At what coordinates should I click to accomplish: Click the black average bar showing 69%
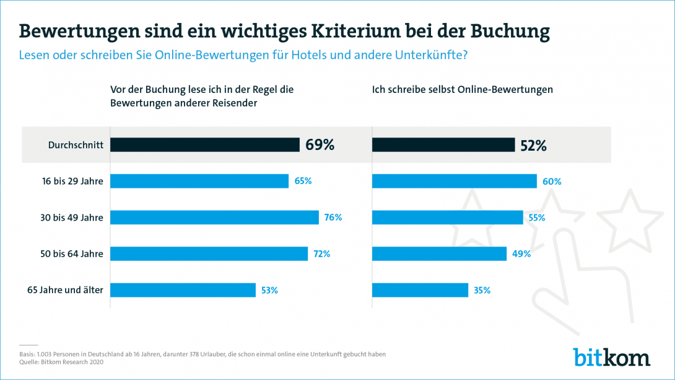pyautogui.click(x=205, y=145)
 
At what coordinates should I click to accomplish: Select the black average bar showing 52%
pyautogui.click(x=443, y=145)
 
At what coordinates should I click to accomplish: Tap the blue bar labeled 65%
pyautogui.click(x=199, y=181)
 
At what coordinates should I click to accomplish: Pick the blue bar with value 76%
pyautogui.click(x=214, y=218)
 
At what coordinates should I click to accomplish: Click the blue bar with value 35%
pyautogui.click(x=420, y=290)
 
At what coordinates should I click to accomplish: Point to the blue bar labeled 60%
pyautogui.click(x=454, y=181)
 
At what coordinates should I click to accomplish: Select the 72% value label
pyautogui.click(x=321, y=254)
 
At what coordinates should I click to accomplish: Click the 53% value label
pyautogui.click(x=269, y=290)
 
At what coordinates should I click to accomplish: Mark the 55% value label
pyautogui.click(x=536, y=218)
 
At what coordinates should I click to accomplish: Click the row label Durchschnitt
pyautogui.click(x=75, y=145)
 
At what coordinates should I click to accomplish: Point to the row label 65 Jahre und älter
pyautogui.click(x=65, y=290)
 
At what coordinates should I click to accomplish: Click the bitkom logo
pyautogui.click(x=611, y=357)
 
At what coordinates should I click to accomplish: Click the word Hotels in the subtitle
pyautogui.click(x=291, y=55)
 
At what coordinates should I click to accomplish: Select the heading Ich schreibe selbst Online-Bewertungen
pyautogui.click(x=462, y=89)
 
